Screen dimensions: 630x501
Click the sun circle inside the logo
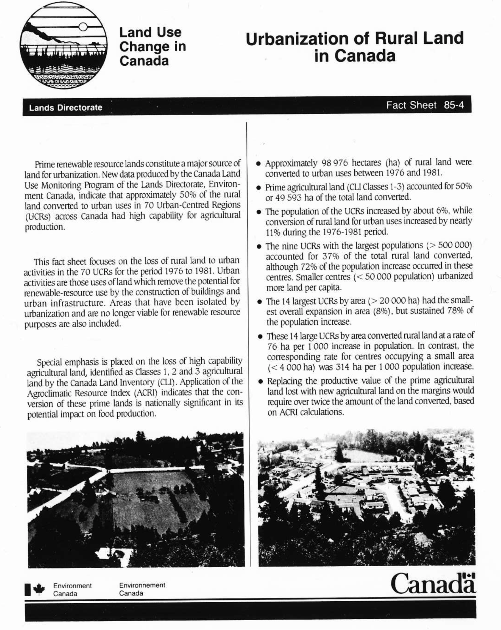click(83, 27)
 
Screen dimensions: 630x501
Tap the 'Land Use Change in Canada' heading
click(152, 46)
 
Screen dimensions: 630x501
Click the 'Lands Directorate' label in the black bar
click(66, 107)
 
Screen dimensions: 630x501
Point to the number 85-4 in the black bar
click(454, 105)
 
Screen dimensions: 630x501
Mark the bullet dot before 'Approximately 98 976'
click(258, 164)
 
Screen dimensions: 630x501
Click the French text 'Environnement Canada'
click(142, 589)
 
